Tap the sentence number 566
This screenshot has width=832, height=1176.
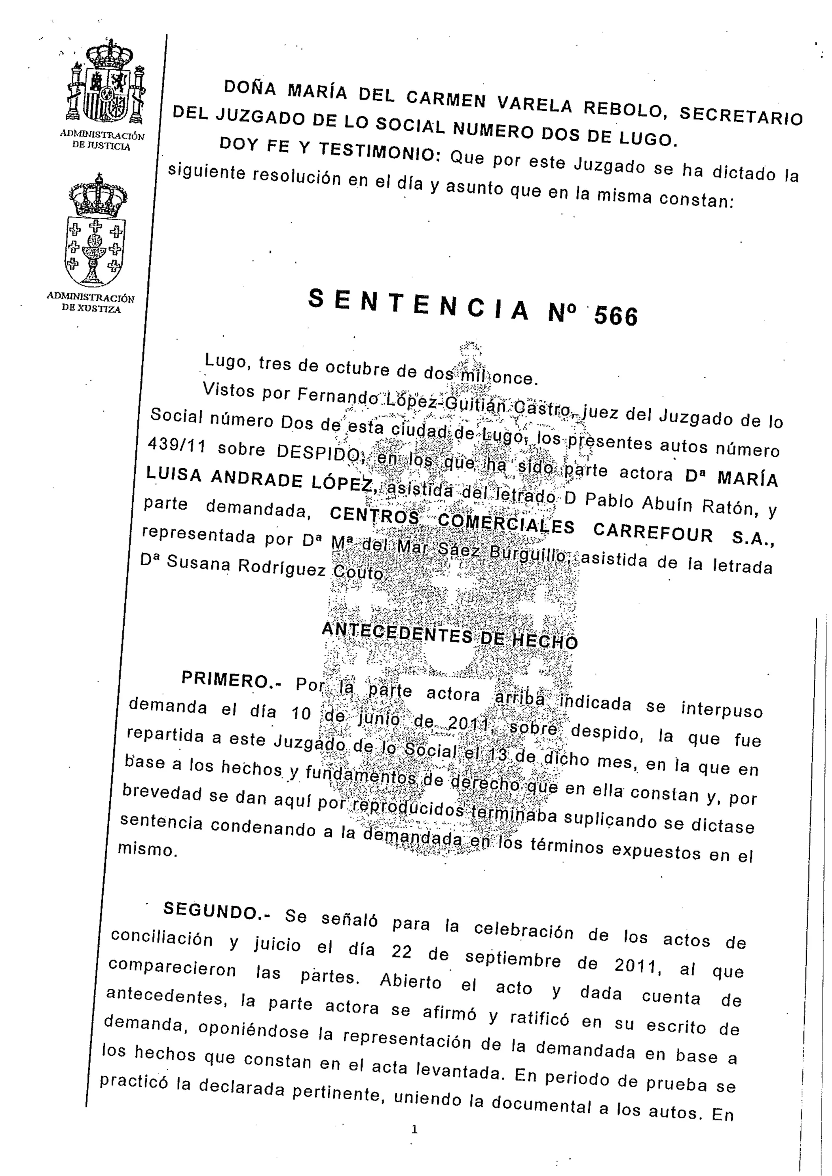(616, 316)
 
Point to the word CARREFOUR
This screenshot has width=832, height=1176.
(653, 532)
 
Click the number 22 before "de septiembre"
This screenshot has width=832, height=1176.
(402, 951)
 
